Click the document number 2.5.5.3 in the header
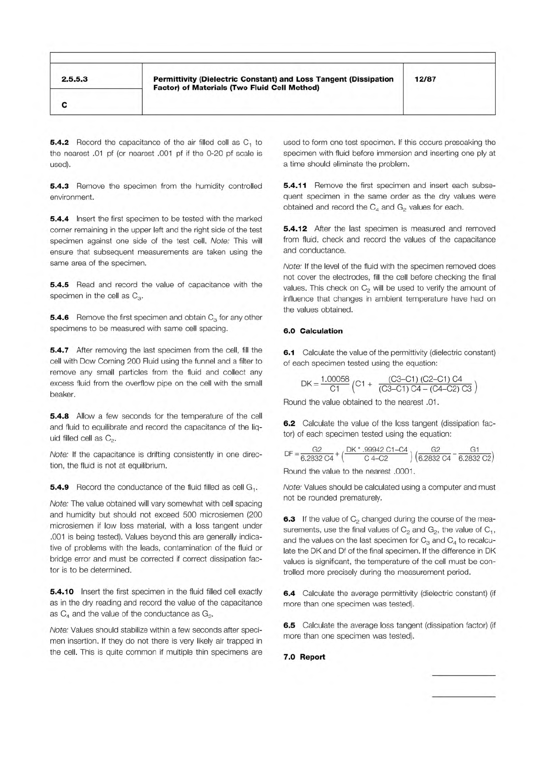[75, 79]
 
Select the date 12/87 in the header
[425, 79]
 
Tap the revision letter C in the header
[64, 105]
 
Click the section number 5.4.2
[59, 142]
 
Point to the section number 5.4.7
[59, 350]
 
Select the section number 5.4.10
[61, 592]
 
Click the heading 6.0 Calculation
[313, 331]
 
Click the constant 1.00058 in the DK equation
[335, 380]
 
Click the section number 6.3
[289, 519]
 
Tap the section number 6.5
[289, 625]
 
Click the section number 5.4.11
[295, 185]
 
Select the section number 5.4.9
[59, 487]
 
